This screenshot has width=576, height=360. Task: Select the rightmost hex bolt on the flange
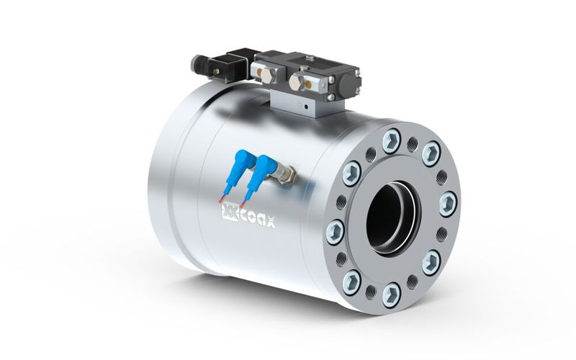446,201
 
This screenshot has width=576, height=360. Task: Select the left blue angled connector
239,164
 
